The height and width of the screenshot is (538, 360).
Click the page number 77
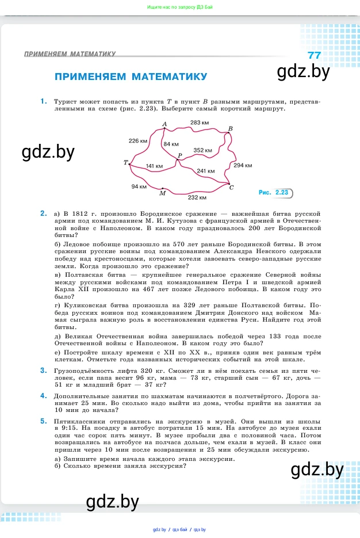tap(314, 55)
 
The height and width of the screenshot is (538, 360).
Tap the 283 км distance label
tap(199, 123)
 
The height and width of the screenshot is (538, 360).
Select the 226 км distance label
tap(138, 140)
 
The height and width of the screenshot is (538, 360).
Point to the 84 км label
tap(171, 144)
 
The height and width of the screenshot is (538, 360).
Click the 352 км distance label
tap(203, 150)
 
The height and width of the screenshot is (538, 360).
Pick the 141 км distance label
tap(154, 166)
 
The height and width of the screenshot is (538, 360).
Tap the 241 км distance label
tap(206, 171)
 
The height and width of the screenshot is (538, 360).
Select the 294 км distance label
tap(243, 165)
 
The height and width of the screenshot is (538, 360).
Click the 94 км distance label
tap(139, 186)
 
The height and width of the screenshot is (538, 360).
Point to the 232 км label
tap(197, 197)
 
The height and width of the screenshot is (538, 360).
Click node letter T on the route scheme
tap(125, 163)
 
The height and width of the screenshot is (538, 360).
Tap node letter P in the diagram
tap(179, 156)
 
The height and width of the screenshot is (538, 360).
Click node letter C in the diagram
tap(231, 188)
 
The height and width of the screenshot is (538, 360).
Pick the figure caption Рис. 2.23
tap(274, 193)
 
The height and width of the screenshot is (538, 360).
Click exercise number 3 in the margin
tap(43, 370)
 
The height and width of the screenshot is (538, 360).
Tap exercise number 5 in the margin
tap(43, 421)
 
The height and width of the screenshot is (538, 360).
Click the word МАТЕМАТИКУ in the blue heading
tap(170, 77)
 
